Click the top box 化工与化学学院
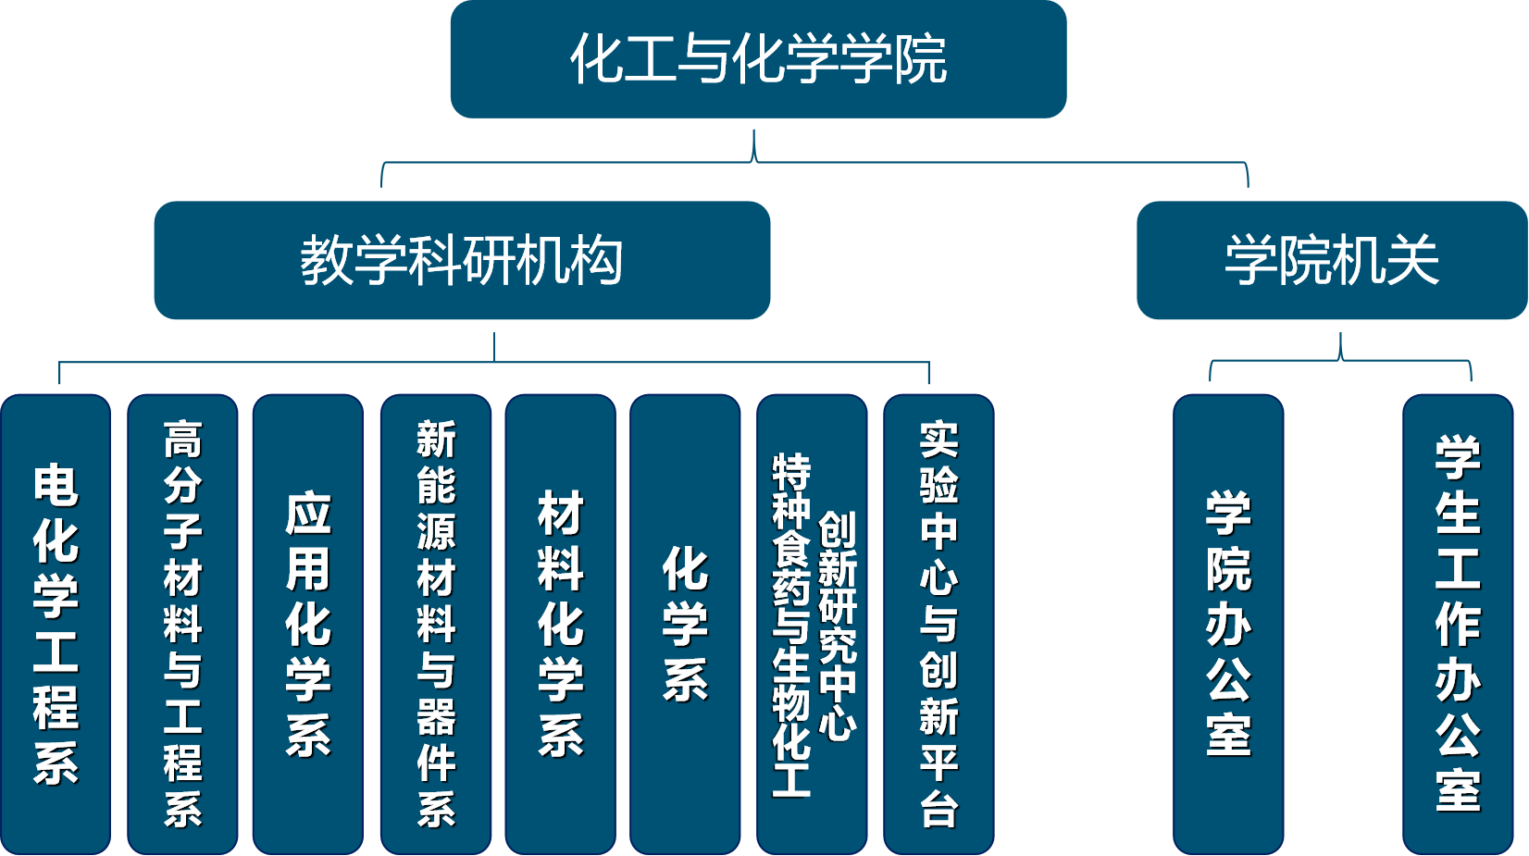[758, 59]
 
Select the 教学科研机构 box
[462, 260]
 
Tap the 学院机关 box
[1332, 260]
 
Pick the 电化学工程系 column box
[56, 624]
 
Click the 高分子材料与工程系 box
[182, 624]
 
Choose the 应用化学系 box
[308, 624]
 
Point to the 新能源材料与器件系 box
[436, 624]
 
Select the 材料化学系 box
[560, 624]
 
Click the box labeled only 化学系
[685, 624]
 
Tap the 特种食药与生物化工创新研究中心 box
[813, 624]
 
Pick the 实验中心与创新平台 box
[939, 624]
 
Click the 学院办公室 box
[1229, 624]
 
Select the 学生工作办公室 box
[1458, 624]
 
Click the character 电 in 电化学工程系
[56, 485]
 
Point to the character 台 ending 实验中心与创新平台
[939, 810]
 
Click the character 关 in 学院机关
[1413, 260]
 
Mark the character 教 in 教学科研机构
[327, 260]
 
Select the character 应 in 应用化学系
[308, 514]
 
